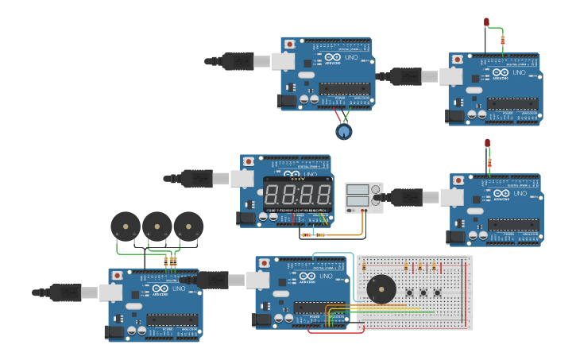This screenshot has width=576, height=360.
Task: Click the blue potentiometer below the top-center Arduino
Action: pos(343,131)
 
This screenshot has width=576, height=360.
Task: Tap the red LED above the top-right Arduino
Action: pos(486,22)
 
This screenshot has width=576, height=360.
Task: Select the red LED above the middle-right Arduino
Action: pos(487,143)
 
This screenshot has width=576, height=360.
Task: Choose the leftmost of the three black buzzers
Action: pos(125,226)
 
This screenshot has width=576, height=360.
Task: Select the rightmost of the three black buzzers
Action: pos(188,226)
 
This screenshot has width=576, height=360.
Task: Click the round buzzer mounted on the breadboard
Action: pos(381,288)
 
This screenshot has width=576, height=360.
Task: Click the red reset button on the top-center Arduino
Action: pos(290,44)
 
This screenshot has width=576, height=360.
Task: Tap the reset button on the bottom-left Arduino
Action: pos(118,275)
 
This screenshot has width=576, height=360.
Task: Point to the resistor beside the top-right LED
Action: pos(502,39)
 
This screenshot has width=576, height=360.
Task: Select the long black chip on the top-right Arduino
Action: pos(512,103)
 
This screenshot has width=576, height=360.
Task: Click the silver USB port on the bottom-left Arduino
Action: pos(112,292)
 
